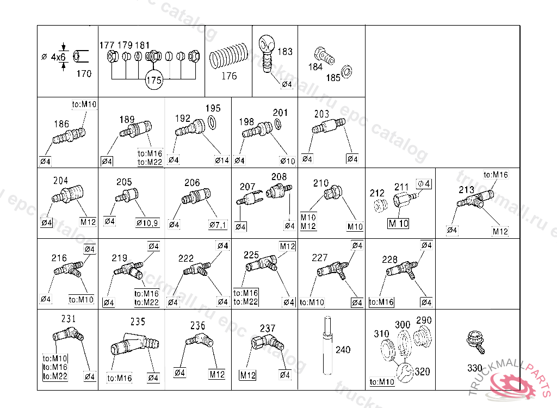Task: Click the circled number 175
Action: [154, 81]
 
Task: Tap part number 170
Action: [84, 73]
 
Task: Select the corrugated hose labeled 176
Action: [228, 55]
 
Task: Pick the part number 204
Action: [61, 181]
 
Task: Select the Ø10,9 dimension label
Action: [147, 223]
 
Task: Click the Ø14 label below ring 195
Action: [222, 160]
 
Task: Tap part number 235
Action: [138, 322]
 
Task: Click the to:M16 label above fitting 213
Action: [496, 175]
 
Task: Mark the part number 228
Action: [389, 259]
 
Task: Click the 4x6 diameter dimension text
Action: [58, 57]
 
